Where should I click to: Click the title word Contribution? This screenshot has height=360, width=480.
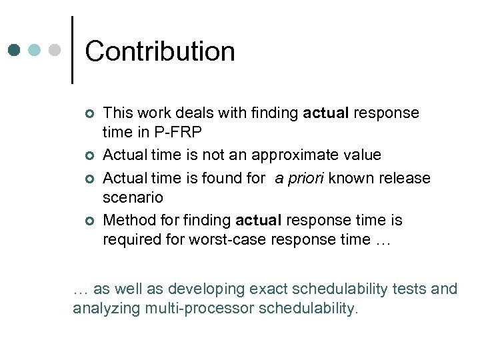click(160, 52)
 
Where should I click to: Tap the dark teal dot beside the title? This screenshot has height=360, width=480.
click(15, 49)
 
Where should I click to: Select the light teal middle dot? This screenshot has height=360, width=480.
click(35, 49)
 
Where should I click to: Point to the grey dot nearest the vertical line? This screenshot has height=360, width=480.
click(55, 49)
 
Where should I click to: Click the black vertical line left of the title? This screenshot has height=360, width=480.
click(71, 50)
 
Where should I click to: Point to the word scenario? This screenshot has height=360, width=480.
click(133, 198)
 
